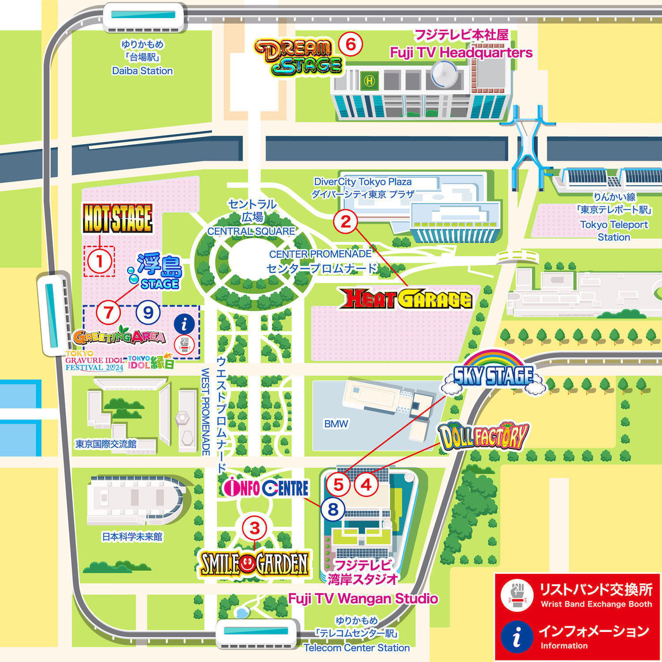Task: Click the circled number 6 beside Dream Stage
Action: pyautogui.click(x=351, y=44)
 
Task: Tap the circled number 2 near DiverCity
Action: pyautogui.click(x=346, y=222)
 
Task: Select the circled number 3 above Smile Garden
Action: pyautogui.click(x=255, y=528)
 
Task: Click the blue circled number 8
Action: pyautogui.click(x=333, y=509)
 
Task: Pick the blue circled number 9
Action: pyautogui.click(x=148, y=312)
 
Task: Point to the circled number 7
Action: pyautogui.click(x=108, y=312)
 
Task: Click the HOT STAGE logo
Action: pyautogui.click(x=118, y=218)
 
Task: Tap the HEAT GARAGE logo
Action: pyautogui.click(x=407, y=299)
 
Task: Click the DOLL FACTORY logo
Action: pyautogui.click(x=483, y=436)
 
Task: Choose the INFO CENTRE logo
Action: pyautogui.click(x=267, y=488)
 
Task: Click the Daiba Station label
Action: pyautogui.click(x=142, y=71)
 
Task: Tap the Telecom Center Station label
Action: pyautogui.click(x=357, y=647)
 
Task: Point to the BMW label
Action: pyautogui.click(x=336, y=424)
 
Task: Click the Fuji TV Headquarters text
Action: pyautogui.click(x=461, y=52)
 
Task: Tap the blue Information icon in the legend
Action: pyautogui.click(x=517, y=637)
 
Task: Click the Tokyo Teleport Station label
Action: pyautogui.click(x=614, y=231)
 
